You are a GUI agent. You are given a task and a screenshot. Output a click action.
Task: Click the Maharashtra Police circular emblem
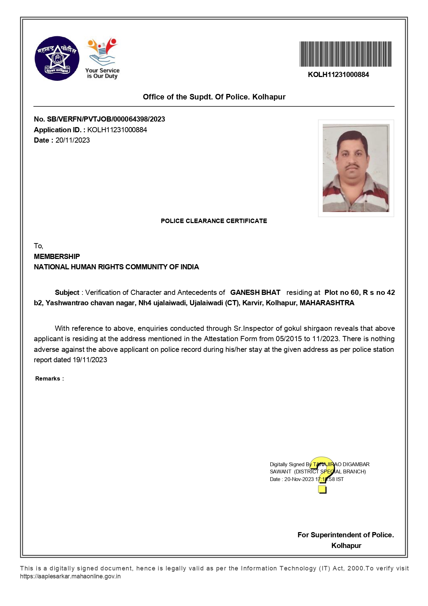[x=57, y=58]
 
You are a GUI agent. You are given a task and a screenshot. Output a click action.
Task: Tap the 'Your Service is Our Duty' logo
[x=102, y=58]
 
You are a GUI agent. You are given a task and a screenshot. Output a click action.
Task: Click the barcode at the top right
[x=345, y=54]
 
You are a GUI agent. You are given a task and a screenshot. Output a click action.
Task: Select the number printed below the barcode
[x=338, y=75]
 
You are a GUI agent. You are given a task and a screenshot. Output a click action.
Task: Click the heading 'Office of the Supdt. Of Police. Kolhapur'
[x=214, y=97]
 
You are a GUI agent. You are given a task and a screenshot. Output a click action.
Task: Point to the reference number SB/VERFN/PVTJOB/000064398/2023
[x=106, y=119]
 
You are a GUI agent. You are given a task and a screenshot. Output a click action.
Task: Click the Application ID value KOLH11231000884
[x=117, y=130]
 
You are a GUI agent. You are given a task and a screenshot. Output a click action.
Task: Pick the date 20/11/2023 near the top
[x=72, y=140]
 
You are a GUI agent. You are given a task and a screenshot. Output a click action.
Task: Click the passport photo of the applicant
[x=356, y=168]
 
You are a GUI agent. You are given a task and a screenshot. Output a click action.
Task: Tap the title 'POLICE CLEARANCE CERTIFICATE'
[x=214, y=221]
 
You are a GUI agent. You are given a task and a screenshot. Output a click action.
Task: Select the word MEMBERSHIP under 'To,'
[x=57, y=257]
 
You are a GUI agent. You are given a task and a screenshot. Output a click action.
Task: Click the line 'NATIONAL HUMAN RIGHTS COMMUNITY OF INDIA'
[x=116, y=267]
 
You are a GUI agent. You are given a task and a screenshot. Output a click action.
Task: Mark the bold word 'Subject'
[x=67, y=292]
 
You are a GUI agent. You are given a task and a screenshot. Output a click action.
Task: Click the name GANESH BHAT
[x=255, y=292]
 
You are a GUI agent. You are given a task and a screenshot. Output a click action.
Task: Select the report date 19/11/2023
[x=90, y=360]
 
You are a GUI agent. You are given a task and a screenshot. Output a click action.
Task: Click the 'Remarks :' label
[x=49, y=379]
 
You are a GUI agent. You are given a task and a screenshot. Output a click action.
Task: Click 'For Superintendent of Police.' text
[x=346, y=535]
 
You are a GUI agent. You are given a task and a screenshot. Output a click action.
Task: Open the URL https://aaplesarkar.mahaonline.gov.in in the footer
[x=70, y=576]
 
